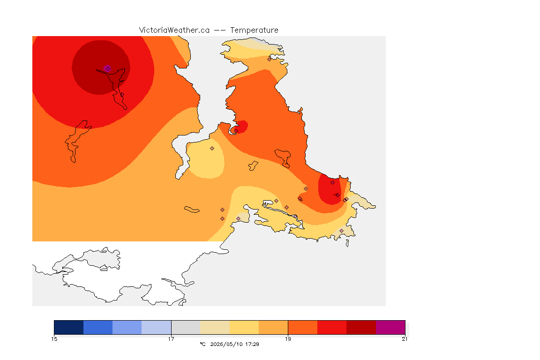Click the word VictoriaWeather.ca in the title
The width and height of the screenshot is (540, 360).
click(x=174, y=30)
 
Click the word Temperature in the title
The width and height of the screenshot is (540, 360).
click(x=254, y=30)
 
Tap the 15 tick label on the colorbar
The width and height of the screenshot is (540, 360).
click(x=54, y=339)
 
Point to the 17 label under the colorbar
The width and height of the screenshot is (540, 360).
click(x=171, y=339)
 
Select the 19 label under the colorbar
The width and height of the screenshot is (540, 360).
click(x=288, y=339)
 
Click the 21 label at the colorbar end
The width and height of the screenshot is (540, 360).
click(x=405, y=339)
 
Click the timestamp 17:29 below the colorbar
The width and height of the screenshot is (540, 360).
click(x=253, y=344)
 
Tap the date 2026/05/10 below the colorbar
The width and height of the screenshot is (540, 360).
click(x=227, y=344)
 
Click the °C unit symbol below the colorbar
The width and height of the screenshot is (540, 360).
click(x=202, y=344)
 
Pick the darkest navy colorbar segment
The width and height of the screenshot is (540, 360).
click(x=69, y=327)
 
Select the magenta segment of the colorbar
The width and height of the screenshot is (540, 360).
click(x=390, y=327)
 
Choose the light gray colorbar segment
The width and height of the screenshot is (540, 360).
click(x=186, y=327)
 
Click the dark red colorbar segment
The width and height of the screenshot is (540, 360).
click(x=361, y=327)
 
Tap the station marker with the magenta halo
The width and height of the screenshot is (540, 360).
click(x=107, y=68)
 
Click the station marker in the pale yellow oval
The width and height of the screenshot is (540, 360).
click(x=212, y=149)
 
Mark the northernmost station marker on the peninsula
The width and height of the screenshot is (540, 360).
click(x=270, y=59)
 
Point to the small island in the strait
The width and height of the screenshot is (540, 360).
click(x=192, y=210)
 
